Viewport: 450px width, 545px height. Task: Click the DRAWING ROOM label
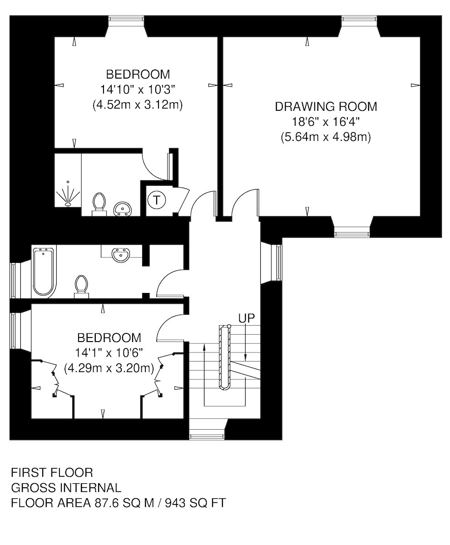326,107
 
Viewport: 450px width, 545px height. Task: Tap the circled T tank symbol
157,200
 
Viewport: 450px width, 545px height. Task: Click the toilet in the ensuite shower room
99,204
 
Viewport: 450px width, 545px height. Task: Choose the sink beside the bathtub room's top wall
121,254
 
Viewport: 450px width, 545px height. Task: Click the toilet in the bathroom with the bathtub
81,287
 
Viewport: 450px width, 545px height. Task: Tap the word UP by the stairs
247,318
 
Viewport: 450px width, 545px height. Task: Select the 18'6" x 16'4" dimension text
326,122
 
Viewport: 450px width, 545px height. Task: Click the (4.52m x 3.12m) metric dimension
138,105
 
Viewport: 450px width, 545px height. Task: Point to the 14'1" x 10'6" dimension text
109,353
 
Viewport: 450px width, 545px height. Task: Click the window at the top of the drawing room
359,18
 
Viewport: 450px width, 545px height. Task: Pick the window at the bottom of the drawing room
352,234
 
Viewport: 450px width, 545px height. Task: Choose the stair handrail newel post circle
229,326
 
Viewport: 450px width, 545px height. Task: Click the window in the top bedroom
126,18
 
